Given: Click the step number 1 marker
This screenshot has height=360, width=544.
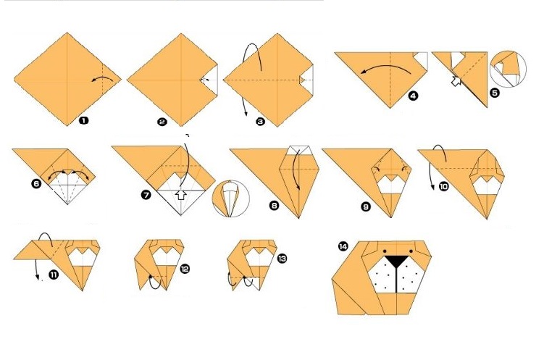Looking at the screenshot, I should click(83, 121).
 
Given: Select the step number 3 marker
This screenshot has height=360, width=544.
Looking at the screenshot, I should click(260, 122).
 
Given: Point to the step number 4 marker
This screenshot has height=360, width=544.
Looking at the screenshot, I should click(412, 95).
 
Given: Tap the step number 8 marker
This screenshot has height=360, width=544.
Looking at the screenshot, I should click(274, 205).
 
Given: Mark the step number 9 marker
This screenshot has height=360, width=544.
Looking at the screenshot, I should click(366, 206).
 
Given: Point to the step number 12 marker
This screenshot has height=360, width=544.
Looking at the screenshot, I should click(185, 269).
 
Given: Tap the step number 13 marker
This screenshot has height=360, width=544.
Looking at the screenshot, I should click(282, 258).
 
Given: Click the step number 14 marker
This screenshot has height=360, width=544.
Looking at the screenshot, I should click(343, 248).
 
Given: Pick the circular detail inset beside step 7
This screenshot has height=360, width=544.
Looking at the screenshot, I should click(231, 200).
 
